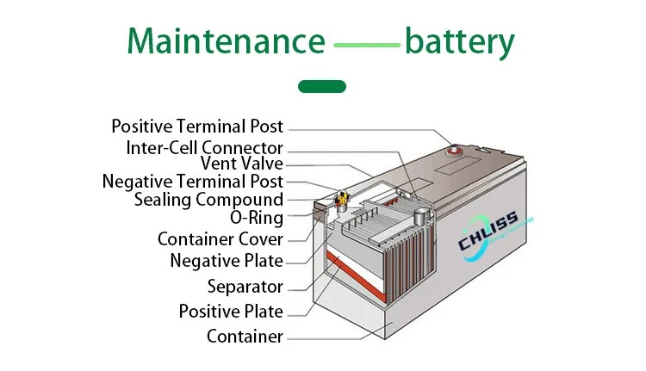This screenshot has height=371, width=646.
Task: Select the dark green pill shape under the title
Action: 321,86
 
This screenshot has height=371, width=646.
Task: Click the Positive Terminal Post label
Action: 197,127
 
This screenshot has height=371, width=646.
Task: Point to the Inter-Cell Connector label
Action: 204,147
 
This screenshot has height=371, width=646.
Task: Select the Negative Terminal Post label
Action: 192,182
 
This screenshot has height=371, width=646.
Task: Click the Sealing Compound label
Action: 208,200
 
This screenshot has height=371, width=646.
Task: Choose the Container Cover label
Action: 221,238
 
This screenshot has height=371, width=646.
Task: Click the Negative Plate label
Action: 227,260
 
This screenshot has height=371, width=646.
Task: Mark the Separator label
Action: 245,286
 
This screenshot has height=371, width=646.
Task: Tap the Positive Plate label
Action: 231,311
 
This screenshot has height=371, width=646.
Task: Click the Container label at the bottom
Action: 245,336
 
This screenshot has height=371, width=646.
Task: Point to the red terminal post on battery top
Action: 450,147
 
